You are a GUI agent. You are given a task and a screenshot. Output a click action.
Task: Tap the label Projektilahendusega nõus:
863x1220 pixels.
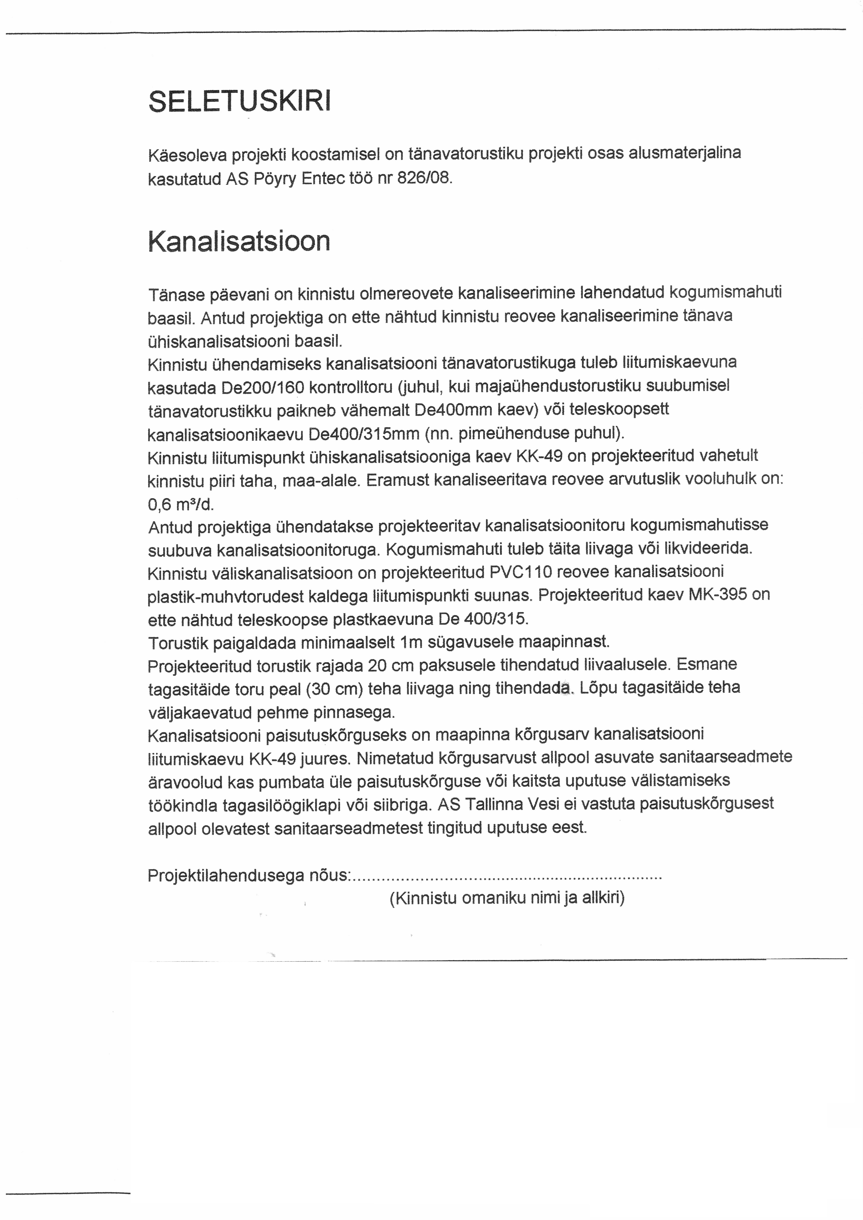[249, 875]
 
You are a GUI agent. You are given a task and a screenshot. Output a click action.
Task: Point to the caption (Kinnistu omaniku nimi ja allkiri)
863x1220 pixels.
[507, 898]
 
